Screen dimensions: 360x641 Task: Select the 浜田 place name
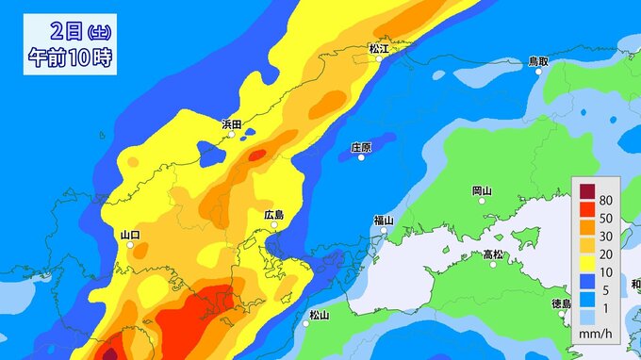pyautogui.click(x=232, y=123)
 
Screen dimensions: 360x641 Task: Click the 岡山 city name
pyautogui.click(x=481, y=190)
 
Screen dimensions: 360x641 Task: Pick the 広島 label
pyautogui.click(x=274, y=215)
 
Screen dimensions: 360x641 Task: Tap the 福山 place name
pyautogui.click(x=383, y=220)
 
